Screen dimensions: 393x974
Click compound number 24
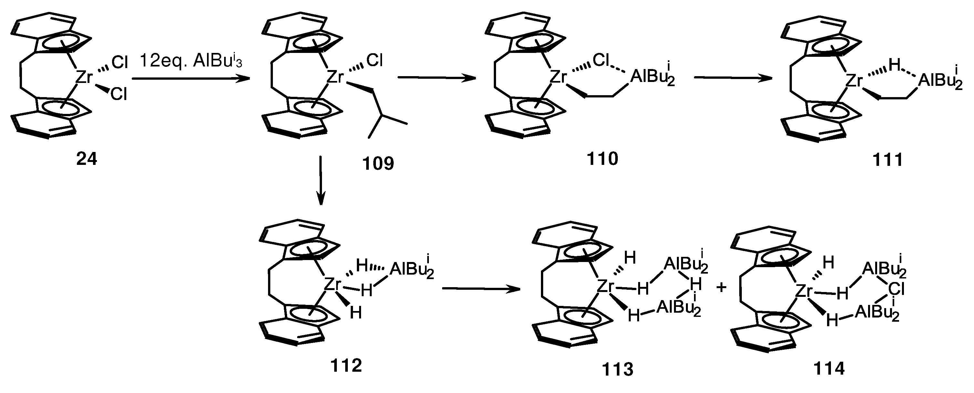coord(87,159)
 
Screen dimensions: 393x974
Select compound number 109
coord(378,163)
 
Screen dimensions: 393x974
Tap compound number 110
coord(602,159)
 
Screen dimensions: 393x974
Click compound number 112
coord(346,366)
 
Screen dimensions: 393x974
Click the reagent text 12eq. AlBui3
coord(191,60)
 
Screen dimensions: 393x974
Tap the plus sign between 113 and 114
coord(721,287)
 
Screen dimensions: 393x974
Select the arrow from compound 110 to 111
coord(733,78)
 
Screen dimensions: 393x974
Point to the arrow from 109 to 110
coord(437,78)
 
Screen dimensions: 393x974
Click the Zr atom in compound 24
coord(84,78)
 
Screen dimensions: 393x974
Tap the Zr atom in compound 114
coord(804,291)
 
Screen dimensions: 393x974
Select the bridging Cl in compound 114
coord(896,290)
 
